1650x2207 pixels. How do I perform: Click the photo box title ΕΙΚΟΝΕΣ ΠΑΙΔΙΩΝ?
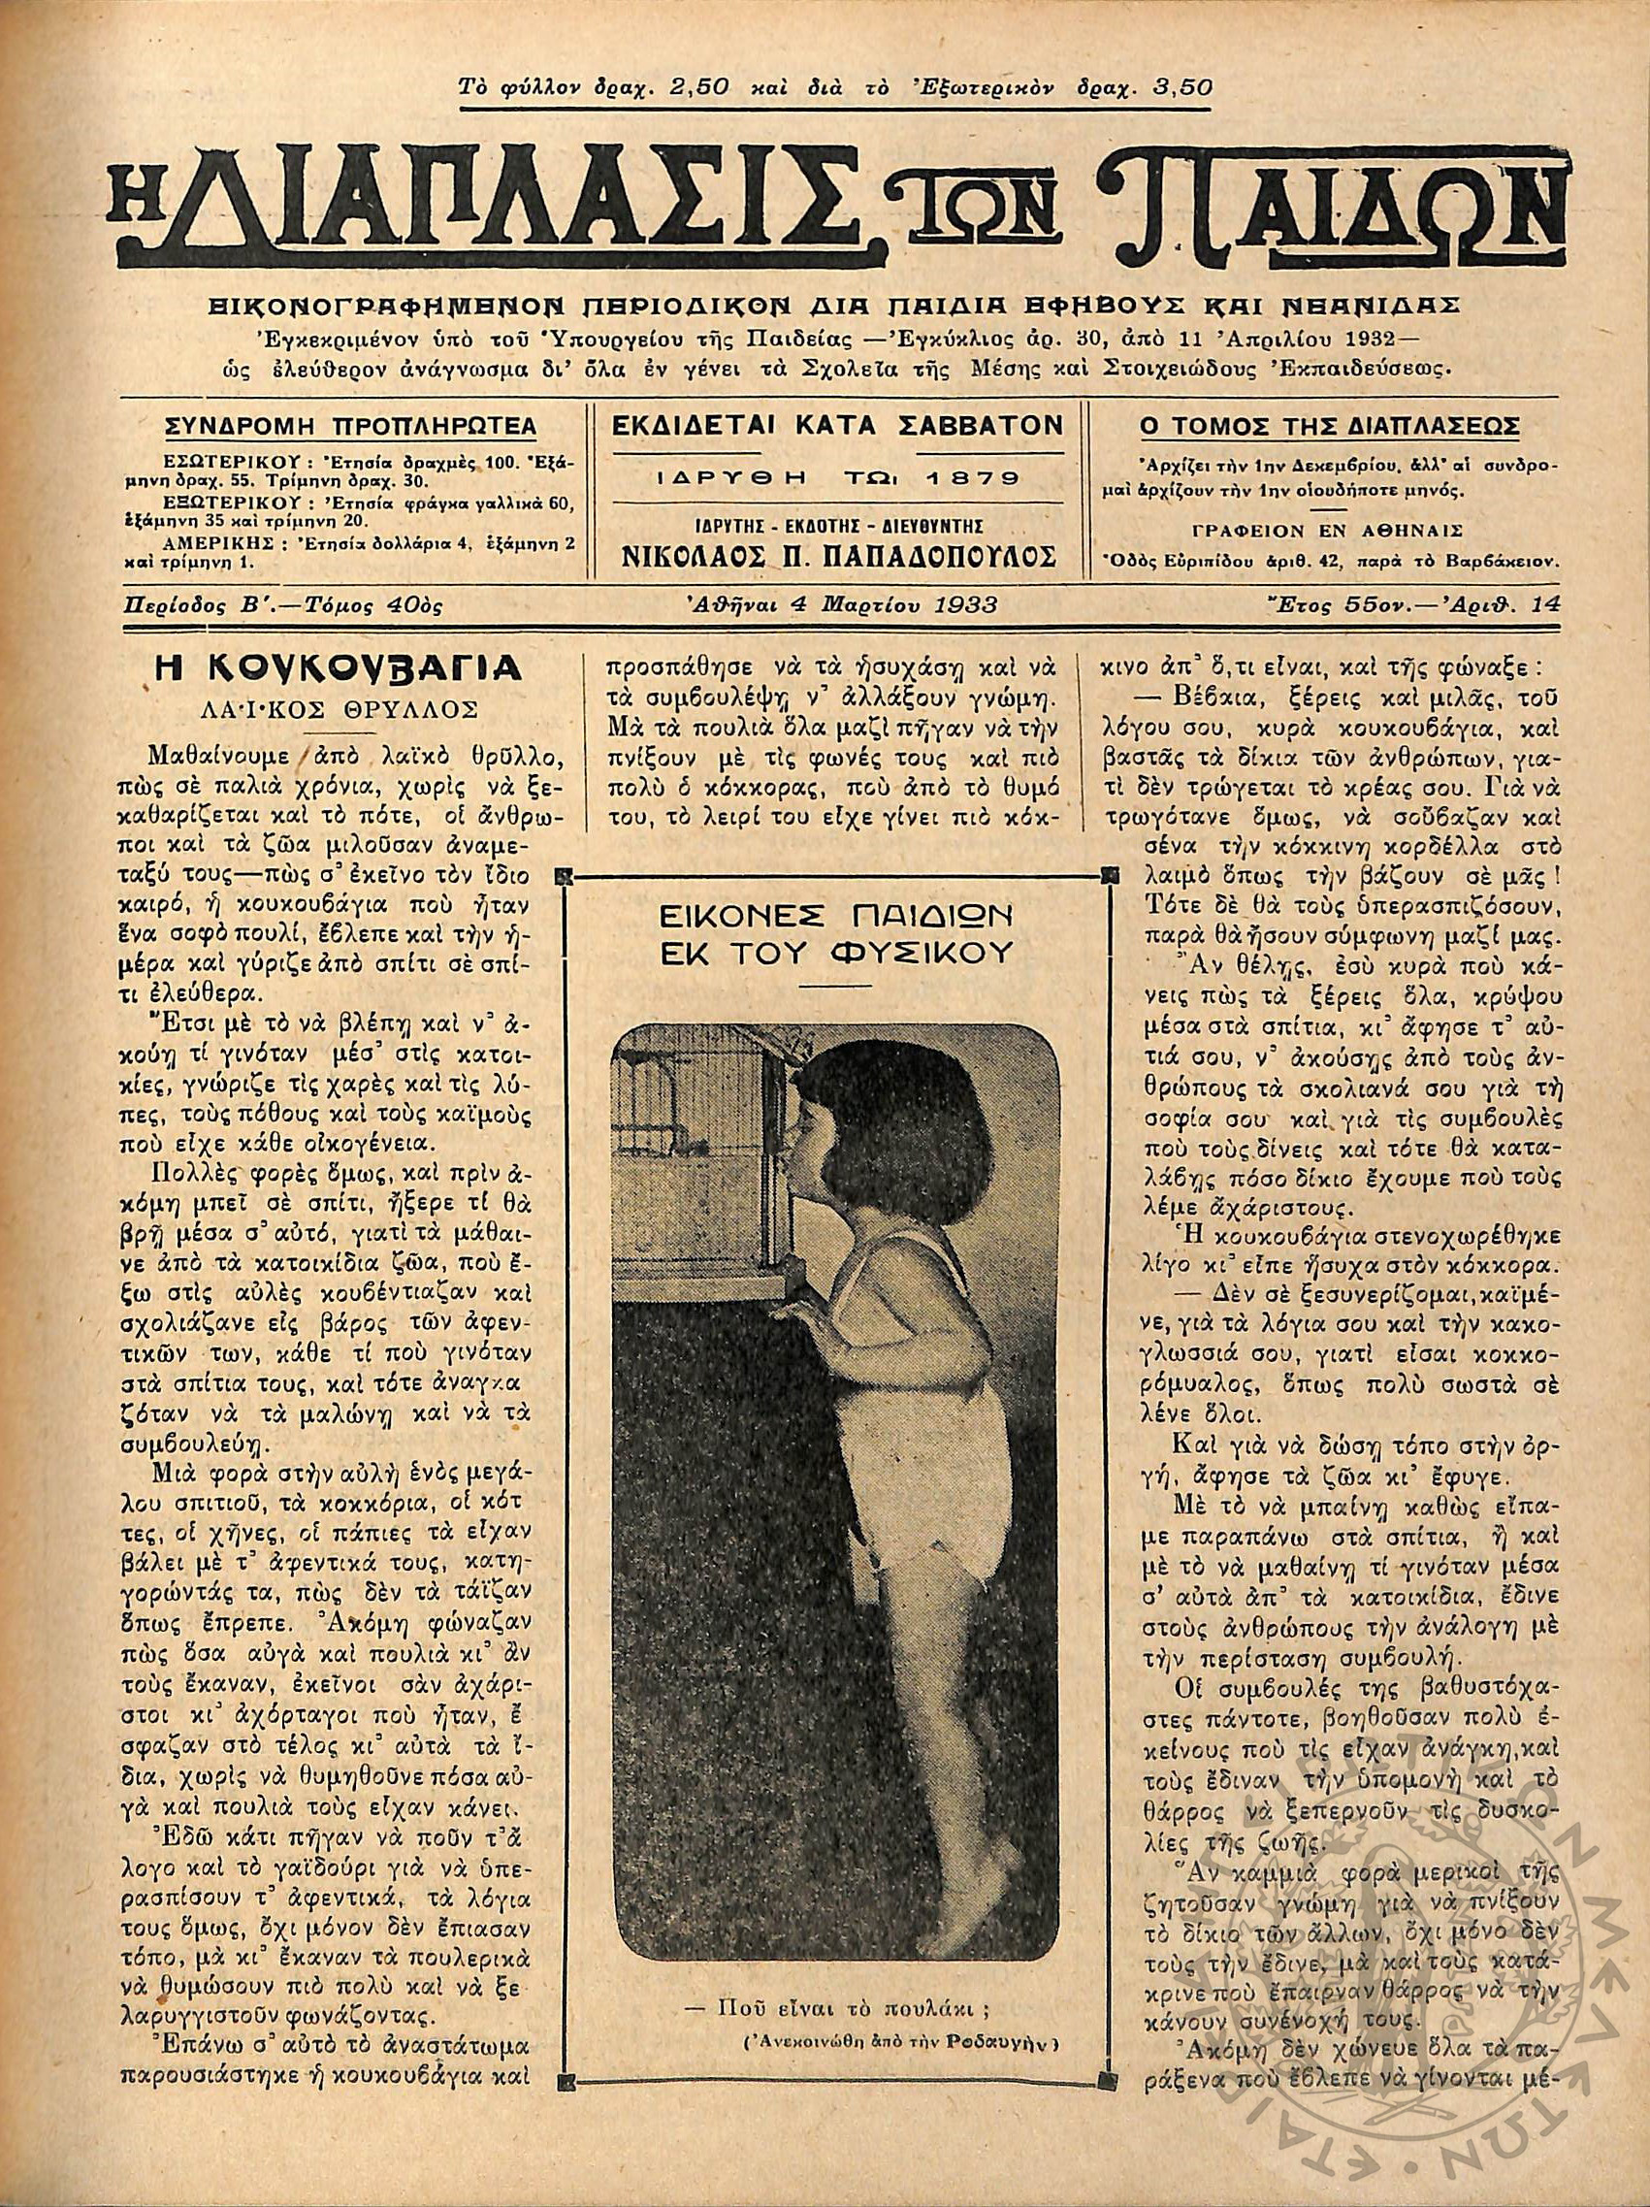click(836, 917)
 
